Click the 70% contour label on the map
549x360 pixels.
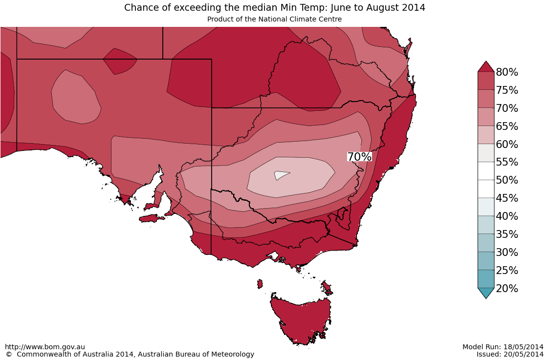(359, 157)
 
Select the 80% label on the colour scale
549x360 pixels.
(507, 72)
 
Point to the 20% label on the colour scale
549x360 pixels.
(507, 289)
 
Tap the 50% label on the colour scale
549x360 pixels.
(507, 180)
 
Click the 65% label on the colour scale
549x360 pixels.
(507, 127)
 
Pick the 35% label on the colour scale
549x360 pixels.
(507, 234)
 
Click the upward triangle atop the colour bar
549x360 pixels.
(486, 66)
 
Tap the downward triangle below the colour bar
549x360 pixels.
(486, 293)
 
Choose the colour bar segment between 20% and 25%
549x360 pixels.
(486, 279)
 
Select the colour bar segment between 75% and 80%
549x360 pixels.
(486, 81)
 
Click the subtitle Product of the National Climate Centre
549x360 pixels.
(274, 19)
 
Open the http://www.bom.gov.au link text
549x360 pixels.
(45, 347)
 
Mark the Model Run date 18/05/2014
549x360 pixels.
(524, 347)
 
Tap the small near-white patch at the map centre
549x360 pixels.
(281, 175)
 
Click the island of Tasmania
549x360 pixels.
(301, 318)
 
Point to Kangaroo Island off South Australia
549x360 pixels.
(152, 218)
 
